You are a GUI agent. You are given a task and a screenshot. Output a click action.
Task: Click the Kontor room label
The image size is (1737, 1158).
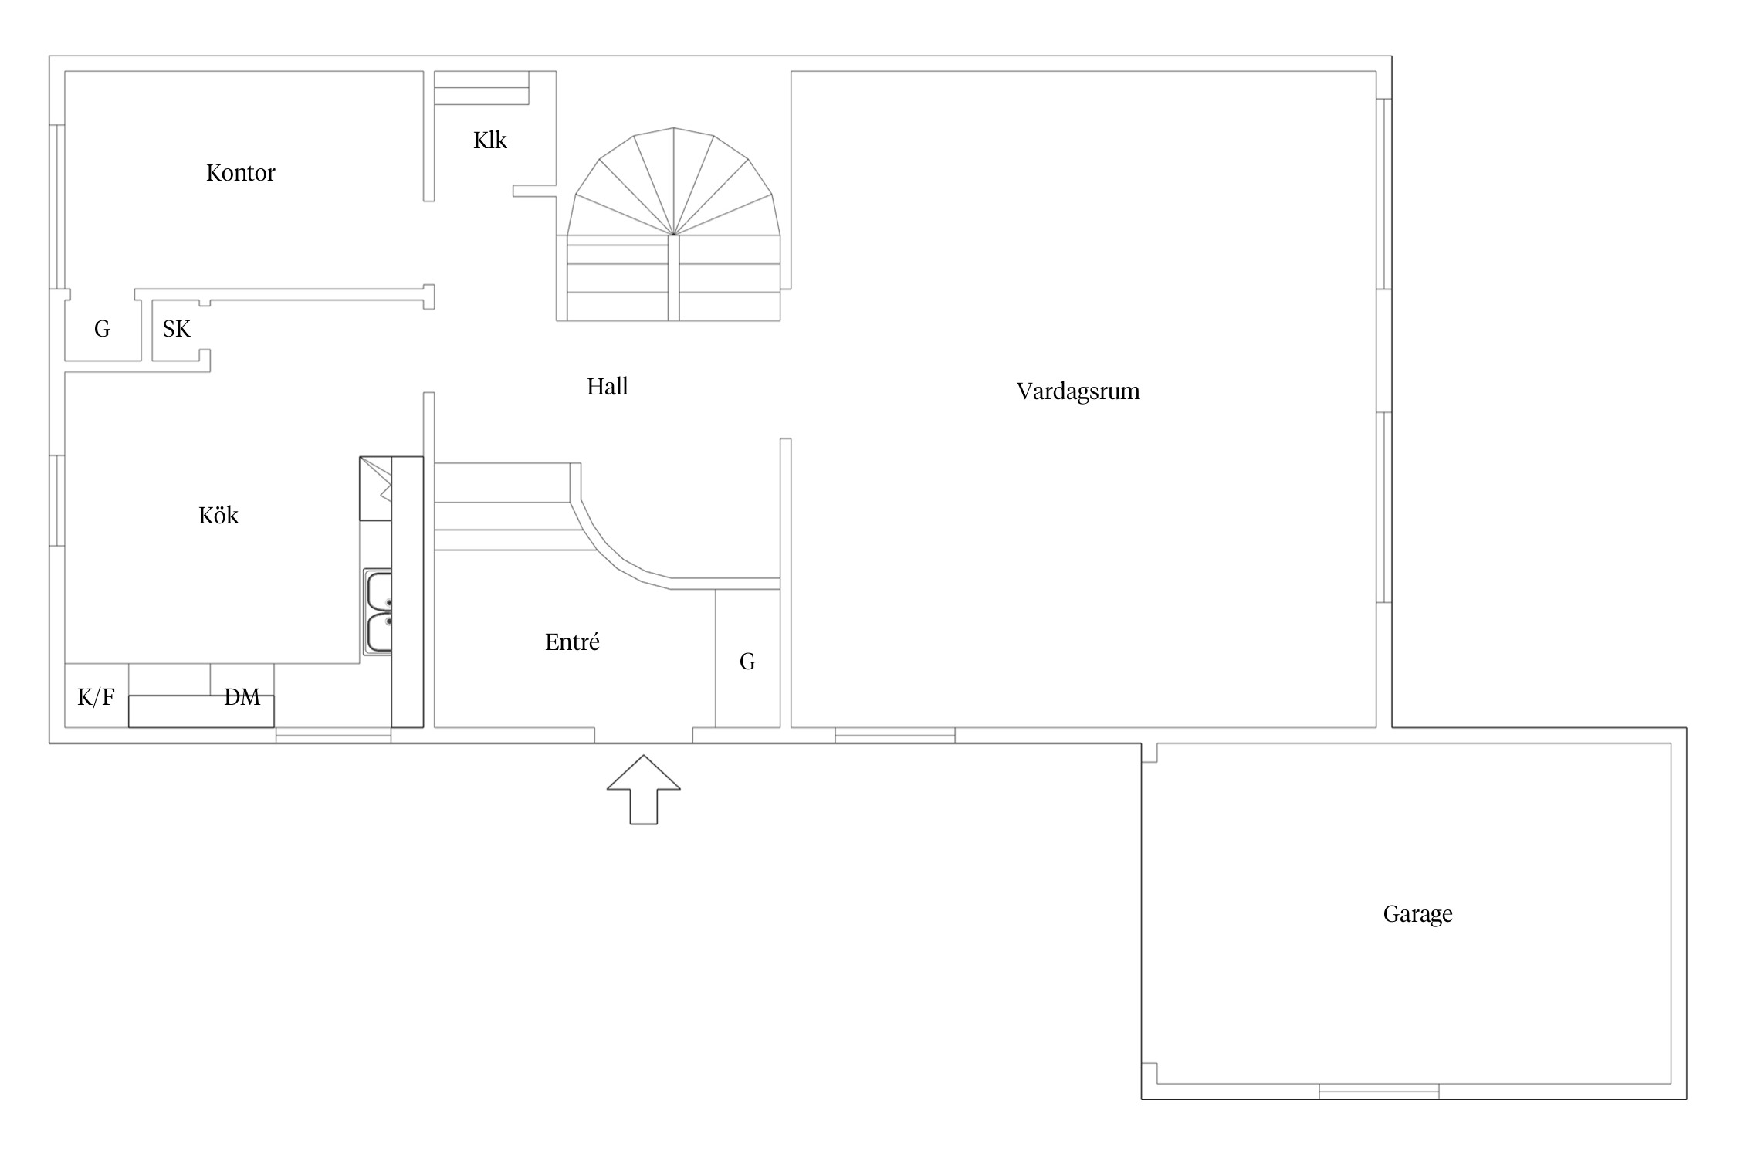[x=240, y=172]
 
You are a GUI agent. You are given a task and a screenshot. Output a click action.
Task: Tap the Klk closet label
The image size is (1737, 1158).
[x=490, y=140]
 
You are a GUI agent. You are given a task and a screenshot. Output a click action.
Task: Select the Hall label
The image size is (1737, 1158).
[x=607, y=386]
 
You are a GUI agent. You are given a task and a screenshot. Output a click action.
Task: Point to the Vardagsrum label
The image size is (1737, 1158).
[x=1078, y=391]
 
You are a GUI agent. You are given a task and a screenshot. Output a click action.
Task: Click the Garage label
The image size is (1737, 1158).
[x=1417, y=915]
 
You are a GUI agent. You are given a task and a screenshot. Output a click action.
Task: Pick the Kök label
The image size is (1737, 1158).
[x=218, y=515]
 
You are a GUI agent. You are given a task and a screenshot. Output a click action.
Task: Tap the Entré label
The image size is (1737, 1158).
[x=572, y=642]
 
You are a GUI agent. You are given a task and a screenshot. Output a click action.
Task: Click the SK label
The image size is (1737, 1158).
[x=176, y=329]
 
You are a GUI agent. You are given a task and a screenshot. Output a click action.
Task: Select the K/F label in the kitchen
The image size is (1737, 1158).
[x=96, y=698]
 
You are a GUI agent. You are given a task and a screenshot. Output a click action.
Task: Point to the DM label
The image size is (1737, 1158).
[x=242, y=697]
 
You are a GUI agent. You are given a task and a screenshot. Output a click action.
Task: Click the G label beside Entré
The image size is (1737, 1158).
[x=747, y=662]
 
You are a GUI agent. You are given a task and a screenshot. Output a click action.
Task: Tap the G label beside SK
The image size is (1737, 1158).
[x=102, y=330]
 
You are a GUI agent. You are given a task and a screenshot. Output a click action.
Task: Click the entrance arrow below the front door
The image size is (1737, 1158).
[x=643, y=789]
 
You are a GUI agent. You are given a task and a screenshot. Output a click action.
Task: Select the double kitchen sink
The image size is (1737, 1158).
[x=378, y=612]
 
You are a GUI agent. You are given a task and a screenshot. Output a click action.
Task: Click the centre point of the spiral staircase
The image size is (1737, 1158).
[x=674, y=234]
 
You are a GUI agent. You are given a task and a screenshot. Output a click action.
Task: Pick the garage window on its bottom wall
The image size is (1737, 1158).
[x=1379, y=1092]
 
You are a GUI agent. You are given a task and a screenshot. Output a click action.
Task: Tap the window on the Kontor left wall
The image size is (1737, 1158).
[x=57, y=207]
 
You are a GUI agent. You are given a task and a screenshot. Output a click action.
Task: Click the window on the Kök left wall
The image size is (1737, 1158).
[x=57, y=501]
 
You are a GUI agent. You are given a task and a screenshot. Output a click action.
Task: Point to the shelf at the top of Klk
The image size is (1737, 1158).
[x=482, y=88]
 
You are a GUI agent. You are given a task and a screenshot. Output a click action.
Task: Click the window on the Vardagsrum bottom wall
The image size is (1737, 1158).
[x=895, y=736]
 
